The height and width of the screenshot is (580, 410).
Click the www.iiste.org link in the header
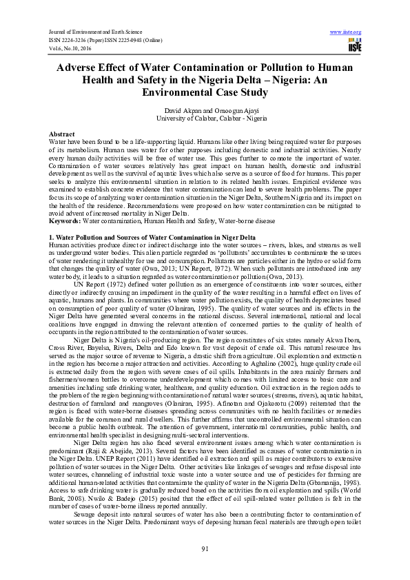[x=346, y=32]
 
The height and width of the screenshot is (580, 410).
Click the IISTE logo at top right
[x=354, y=45]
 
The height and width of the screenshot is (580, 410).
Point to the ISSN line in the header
[x=105, y=39]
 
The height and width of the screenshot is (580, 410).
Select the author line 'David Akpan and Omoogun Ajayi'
[x=204, y=111]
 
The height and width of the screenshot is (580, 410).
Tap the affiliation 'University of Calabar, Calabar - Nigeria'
[x=205, y=118]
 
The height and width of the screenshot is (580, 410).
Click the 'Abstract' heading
[x=63, y=133]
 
